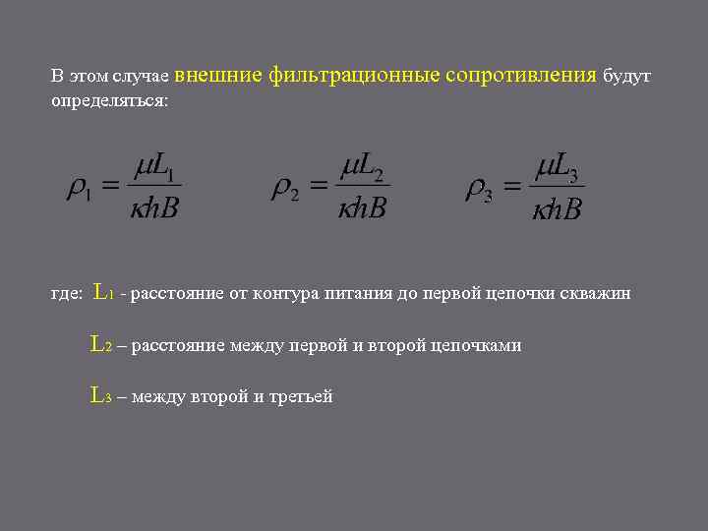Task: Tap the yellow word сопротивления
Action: pyautogui.click(x=521, y=76)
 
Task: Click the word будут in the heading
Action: pyautogui.click(x=626, y=77)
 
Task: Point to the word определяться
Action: pyautogui.click(x=109, y=101)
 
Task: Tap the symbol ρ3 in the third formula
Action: pyautogui.click(x=478, y=188)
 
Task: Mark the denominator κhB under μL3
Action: pyautogui.click(x=557, y=208)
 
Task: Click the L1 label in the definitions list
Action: pyautogui.click(x=103, y=292)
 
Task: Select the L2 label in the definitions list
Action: pyautogui.click(x=101, y=344)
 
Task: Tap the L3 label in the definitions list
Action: pyautogui.click(x=101, y=395)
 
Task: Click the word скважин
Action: pyautogui.click(x=600, y=293)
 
